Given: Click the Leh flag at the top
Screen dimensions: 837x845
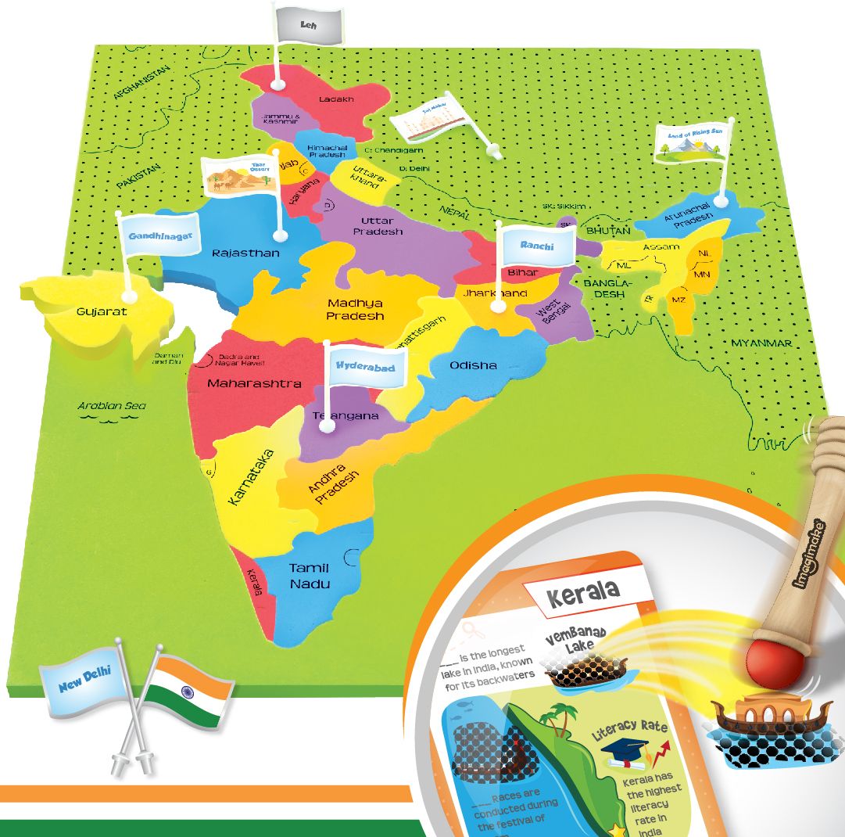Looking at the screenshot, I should pos(308,25).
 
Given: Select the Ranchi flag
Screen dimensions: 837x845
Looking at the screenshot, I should pos(536,245).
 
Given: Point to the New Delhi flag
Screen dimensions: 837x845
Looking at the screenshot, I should pos(84,680).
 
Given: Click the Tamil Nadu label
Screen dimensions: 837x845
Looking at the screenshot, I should pos(310,576).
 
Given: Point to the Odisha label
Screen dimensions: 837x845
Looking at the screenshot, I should pos(473,365).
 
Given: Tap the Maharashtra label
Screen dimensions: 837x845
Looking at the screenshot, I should pos(254,384).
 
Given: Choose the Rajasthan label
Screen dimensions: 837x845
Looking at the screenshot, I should pos(245,253).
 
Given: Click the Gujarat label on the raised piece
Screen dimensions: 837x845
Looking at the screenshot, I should pos(101,311).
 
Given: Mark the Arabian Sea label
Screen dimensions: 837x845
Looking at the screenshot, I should pos(112,406).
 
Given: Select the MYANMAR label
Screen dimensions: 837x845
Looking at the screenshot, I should pos(761,343).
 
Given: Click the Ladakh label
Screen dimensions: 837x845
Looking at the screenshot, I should pos(336,99).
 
